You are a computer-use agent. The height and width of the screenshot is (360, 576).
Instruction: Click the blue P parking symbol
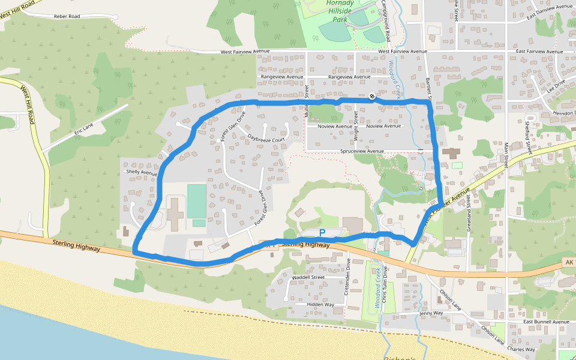coord(322,232)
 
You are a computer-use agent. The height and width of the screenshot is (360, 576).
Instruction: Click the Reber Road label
coord(67,16)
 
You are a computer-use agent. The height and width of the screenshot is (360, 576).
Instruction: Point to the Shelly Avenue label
coord(141,172)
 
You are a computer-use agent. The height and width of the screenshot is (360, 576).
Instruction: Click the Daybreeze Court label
coord(265,138)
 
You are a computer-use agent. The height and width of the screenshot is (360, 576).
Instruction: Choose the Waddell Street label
coord(308,278)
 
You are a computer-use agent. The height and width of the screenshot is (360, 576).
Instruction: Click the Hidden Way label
coord(320,304)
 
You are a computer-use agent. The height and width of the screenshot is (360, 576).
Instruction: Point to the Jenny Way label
coord(431,313)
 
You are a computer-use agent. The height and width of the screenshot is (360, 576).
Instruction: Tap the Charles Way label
coord(521,349)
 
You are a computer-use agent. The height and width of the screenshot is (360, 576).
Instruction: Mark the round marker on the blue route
coord(373,96)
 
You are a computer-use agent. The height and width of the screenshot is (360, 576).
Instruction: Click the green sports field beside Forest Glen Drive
coord(197,201)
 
